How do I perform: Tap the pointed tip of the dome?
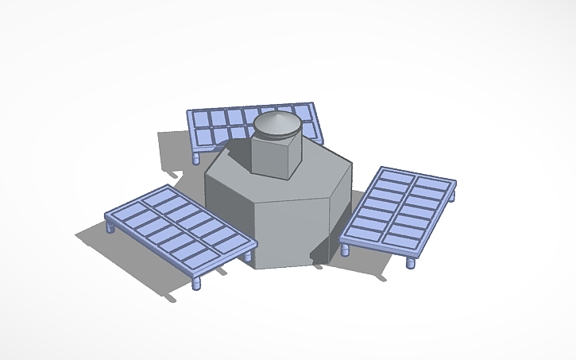[276, 114]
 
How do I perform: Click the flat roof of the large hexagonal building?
[318, 171]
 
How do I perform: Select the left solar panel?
[179, 230]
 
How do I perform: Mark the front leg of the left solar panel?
[195, 282]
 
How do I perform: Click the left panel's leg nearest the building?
[251, 257]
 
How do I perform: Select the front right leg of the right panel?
[411, 261]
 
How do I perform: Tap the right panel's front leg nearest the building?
[345, 250]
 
